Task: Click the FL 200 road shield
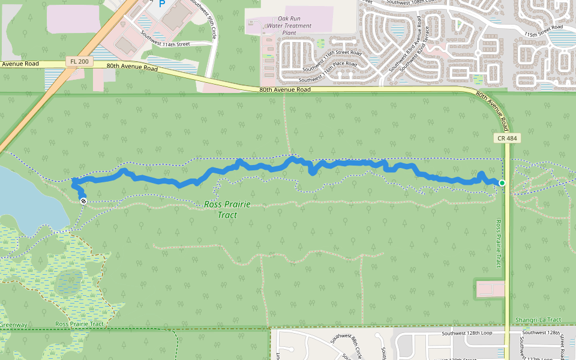pyautogui.click(x=77, y=62)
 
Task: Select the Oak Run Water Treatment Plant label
pyautogui.click(x=289, y=26)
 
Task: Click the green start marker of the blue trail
pyautogui.click(x=502, y=182)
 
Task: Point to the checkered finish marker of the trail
pyautogui.click(x=83, y=201)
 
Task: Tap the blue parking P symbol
pyautogui.click(x=161, y=4)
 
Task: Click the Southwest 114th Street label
pyautogui.click(x=166, y=39)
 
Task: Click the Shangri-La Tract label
pyautogui.click(x=538, y=320)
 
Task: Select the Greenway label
pyautogui.click(x=13, y=325)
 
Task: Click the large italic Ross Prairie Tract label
pyautogui.click(x=227, y=209)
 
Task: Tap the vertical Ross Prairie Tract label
pyautogui.click(x=498, y=244)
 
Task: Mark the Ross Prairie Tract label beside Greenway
pyautogui.click(x=79, y=324)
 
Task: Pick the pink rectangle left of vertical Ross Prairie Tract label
pyautogui.click(x=490, y=289)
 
